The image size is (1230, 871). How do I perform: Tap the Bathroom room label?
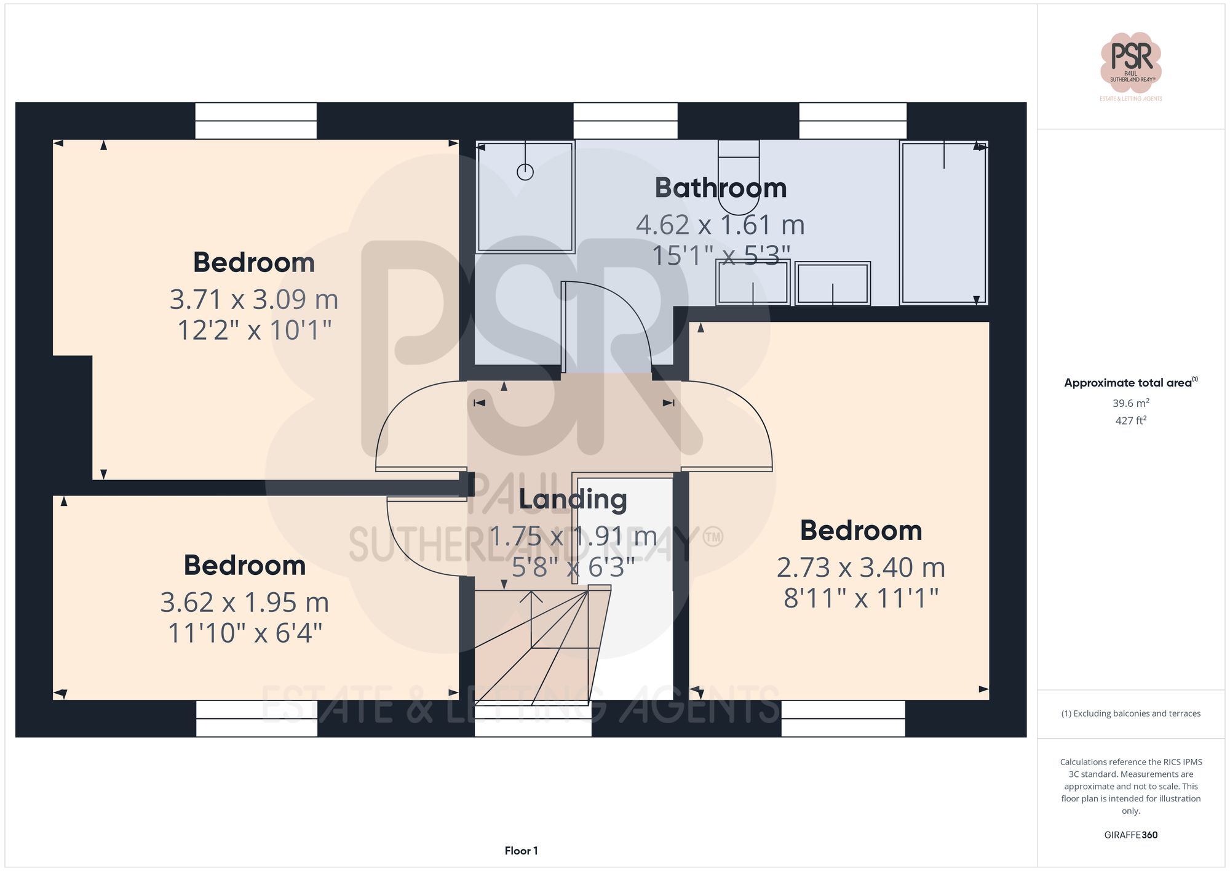(720, 188)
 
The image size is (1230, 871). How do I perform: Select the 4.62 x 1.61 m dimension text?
(720, 225)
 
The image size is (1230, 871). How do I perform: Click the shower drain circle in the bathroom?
(525, 172)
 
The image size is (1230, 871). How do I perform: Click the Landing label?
(573, 499)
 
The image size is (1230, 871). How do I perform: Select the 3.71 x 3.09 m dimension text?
(254, 300)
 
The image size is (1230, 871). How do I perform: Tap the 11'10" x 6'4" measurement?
(245, 633)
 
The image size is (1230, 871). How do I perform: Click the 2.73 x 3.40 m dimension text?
(860, 568)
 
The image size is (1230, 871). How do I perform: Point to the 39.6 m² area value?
(1130, 403)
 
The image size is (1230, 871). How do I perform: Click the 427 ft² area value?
(1130, 420)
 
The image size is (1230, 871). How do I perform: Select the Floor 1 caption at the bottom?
(521, 851)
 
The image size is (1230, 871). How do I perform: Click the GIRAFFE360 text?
(1130, 835)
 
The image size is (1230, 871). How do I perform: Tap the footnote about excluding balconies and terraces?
(1130, 713)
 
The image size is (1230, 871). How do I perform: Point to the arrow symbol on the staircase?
(531, 597)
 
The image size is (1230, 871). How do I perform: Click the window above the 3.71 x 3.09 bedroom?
(256, 121)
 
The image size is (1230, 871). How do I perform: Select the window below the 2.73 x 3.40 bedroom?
(843, 718)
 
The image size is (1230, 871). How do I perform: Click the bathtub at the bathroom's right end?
(943, 223)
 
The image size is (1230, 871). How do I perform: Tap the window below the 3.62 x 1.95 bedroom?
(256, 718)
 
